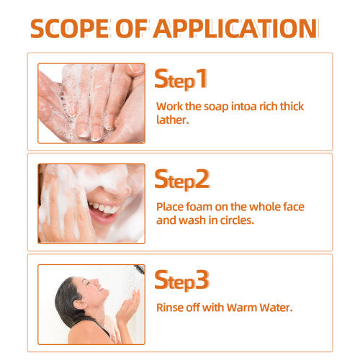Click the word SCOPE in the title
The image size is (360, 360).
pos(69,29)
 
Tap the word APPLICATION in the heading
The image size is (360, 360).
pos(235,29)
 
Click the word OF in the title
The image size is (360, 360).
pos(131,29)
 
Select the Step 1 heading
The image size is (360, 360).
pos(181,79)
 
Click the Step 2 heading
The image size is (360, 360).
pos(182,179)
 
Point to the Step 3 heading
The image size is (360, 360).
pos(182,280)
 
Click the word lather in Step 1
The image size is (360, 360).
pos(171,120)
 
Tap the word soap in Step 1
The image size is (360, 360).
pos(216,107)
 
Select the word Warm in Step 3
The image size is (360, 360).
pos(242,307)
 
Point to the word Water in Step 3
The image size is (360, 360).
pos(274,307)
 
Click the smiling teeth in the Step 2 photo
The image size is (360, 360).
pos(103,208)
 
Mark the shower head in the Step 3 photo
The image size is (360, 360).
pos(140,269)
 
